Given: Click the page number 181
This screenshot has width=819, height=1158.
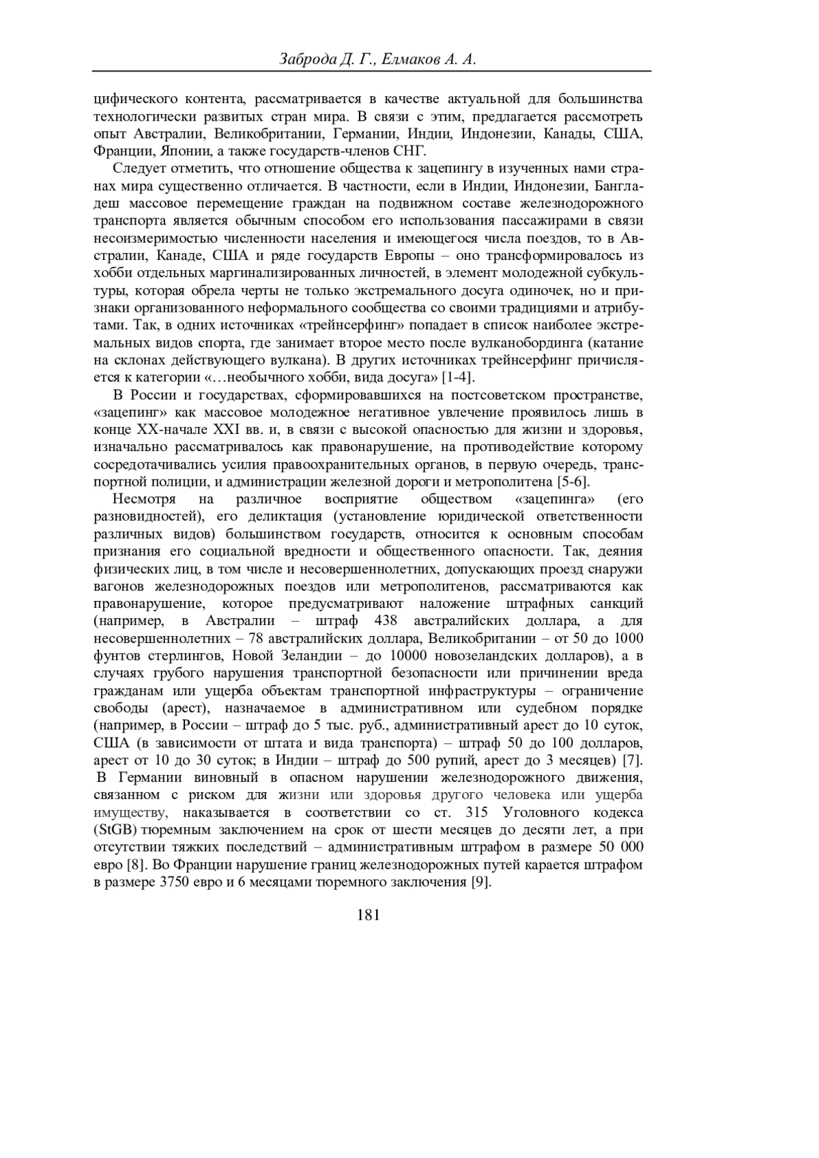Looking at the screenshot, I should tap(368, 916).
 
